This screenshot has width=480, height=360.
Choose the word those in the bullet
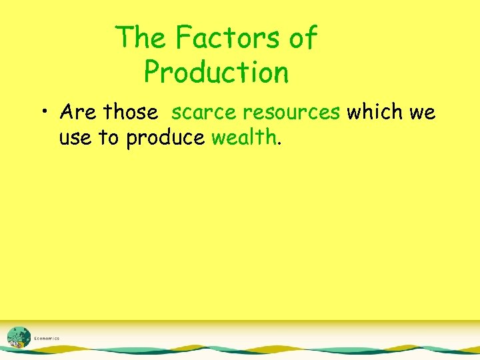(x=130, y=112)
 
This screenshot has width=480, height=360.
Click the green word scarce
(x=203, y=112)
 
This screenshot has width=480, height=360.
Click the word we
(x=422, y=113)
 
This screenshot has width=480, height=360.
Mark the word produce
(x=166, y=139)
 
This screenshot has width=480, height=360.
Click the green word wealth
(x=243, y=137)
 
